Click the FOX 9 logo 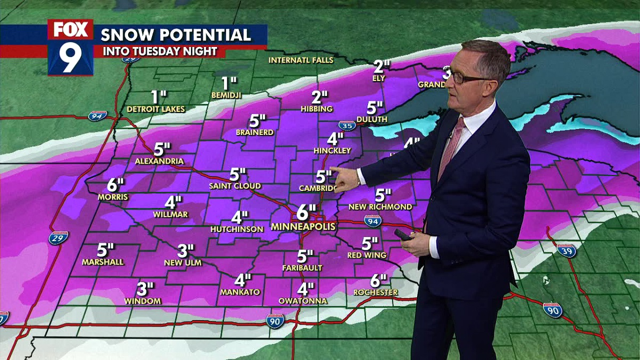[x=70, y=47]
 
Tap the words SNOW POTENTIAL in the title [x=175, y=35]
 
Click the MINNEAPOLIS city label [x=303, y=227]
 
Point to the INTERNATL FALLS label [x=301, y=60]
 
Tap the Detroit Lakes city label [x=156, y=109]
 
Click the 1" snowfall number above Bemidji [x=229, y=83]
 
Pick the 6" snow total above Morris [x=115, y=185]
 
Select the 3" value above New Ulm [x=186, y=250]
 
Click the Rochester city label [x=375, y=292]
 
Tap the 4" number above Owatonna [x=306, y=289]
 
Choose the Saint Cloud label [x=235, y=186]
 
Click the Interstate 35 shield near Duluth [x=347, y=126]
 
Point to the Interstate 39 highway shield [x=566, y=250]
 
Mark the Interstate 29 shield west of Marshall [x=58, y=238]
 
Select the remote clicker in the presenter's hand [x=404, y=235]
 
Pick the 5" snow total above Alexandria [x=162, y=149]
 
